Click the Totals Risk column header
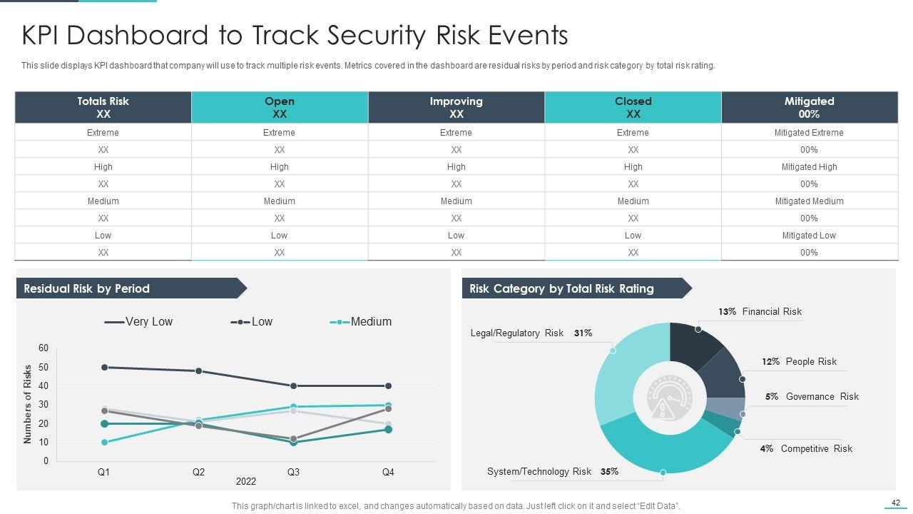pos(103,107)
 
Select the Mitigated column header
pos(809,107)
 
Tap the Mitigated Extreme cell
pos(809,133)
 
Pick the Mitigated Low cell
pos(809,236)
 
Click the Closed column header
pos(633,107)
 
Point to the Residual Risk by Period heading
pos(87,288)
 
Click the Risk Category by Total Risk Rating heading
pos(561,288)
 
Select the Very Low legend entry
pos(139,322)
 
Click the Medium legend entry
pos(361,322)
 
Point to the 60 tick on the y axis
pos(44,348)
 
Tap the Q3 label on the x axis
pos(293,472)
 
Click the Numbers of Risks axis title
pos(28,404)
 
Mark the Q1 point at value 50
pos(104,367)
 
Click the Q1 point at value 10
pos(104,443)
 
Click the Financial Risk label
pos(772,312)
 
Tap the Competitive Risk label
pos(816,449)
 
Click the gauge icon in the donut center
pos(670,398)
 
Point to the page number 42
pos(896,502)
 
